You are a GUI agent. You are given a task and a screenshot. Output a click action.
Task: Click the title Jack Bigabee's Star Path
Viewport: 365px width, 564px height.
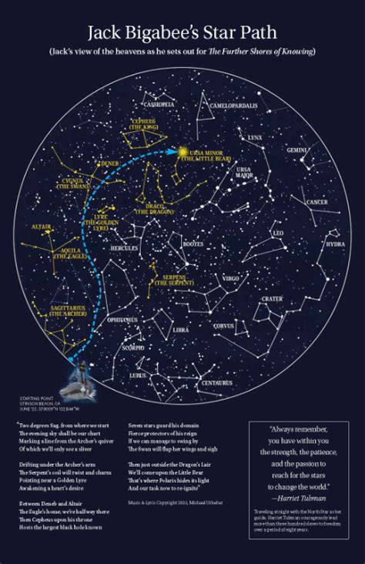[x=182, y=33]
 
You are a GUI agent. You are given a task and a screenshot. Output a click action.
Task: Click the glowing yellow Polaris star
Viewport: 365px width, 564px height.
[x=183, y=153]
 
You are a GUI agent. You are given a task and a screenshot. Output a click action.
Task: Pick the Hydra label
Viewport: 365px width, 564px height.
[x=335, y=244]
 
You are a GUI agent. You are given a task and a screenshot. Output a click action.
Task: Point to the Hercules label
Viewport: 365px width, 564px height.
[x=124, y=249]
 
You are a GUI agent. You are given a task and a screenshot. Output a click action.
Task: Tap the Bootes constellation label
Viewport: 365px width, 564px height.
[x=193, y=244]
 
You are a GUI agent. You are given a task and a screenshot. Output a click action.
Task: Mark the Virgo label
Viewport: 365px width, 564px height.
[x=231, y=277]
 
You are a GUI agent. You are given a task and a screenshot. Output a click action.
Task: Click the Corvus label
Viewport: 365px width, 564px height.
[x=224, y=326]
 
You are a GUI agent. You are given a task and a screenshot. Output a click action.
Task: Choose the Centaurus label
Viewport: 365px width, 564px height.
[x=216, y=382]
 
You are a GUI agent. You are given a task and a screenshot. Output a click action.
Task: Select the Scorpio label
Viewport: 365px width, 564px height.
[x=132, y=347]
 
